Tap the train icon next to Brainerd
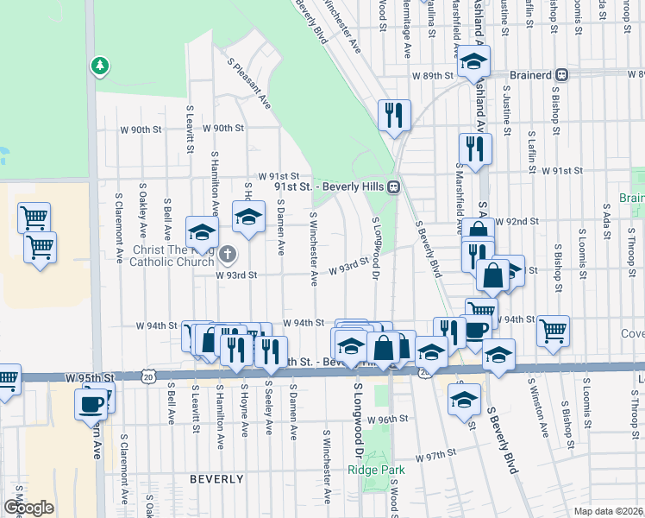click(x=561, y=75)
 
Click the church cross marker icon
click(x=228, y=254)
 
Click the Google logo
click(x=28, y=508)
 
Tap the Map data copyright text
click(x=609, y=511)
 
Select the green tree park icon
click(x=101, y=65)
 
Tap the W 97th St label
click(x=435, y=455)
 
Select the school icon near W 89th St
click(x=473, y=60)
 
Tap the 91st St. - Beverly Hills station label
click(x=329, y=186)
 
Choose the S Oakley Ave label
click(x=143, y=211)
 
